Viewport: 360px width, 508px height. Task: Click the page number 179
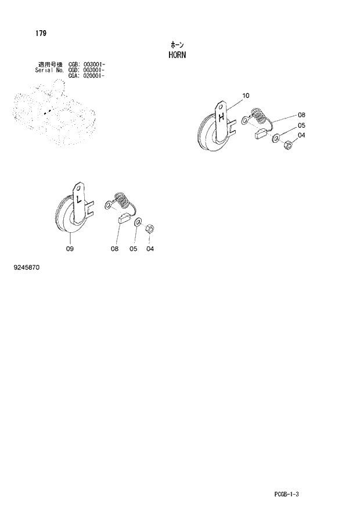click(40, 33)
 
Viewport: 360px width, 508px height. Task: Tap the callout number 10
click(245, 95)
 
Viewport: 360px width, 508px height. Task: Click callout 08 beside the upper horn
click(301, 115)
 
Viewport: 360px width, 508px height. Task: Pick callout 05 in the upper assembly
click(301, 125)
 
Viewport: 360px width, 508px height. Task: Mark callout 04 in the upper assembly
click(301, 136)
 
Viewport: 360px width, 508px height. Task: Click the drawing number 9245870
click(25, 269)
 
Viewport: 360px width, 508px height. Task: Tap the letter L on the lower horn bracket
click(78, 199)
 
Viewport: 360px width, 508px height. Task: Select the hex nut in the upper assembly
click(287, 146)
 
